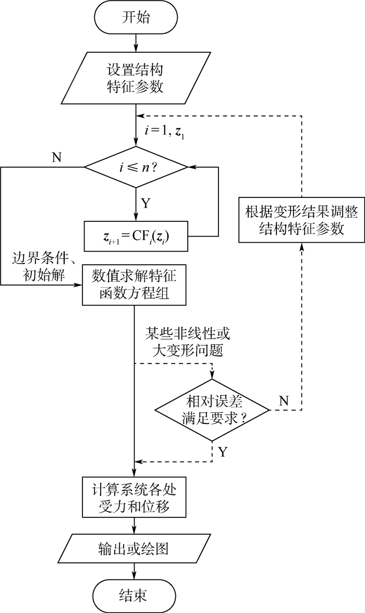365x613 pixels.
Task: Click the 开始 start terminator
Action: tap(135, 19)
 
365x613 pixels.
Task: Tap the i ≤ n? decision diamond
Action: tap(136, 168)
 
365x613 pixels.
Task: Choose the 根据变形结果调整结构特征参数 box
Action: tap(301, 220)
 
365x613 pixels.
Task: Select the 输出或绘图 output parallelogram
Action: tap(135, 548)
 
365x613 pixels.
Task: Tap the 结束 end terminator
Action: tap(135, 595)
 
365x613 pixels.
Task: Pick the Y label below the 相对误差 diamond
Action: tap(224, 451)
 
